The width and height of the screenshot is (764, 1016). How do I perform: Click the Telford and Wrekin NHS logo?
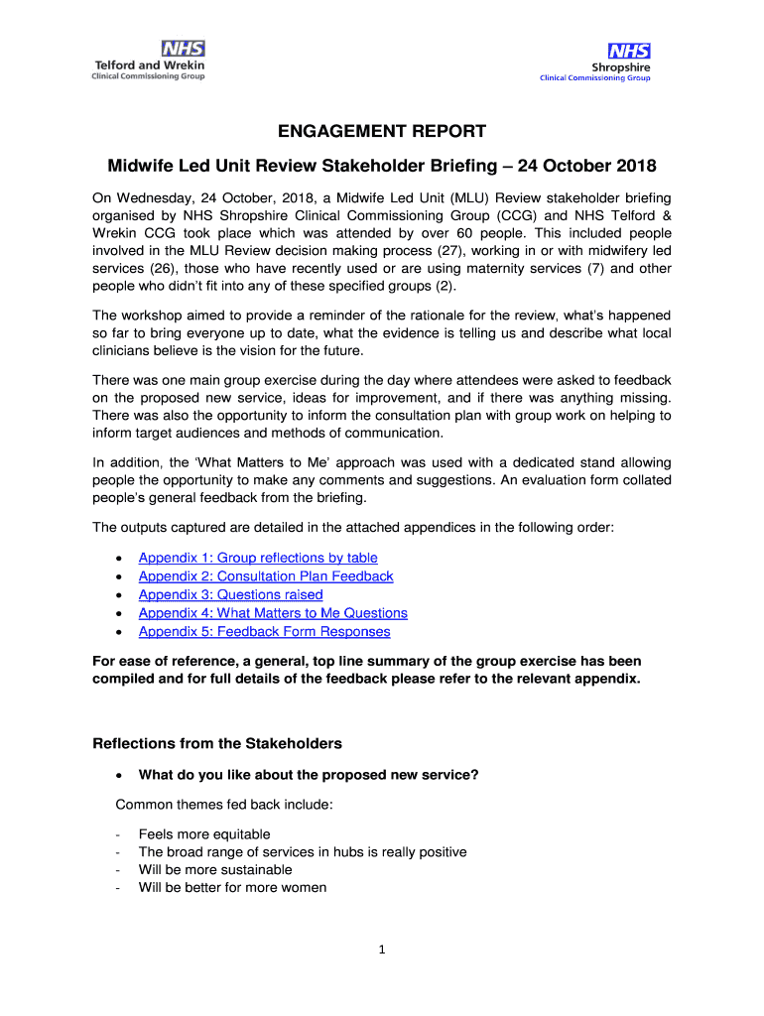point(149,61)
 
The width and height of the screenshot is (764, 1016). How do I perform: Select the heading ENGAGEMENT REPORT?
point(382,132)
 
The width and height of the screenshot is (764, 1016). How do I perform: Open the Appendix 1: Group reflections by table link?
point(258,558)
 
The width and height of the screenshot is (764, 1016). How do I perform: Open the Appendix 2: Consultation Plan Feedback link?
point(266,576)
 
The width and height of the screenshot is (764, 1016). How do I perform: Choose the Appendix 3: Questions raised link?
point(230,594)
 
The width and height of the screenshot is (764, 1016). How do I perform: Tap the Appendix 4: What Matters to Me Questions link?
point(273,613)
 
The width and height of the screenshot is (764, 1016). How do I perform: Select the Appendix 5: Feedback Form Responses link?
point(264,631)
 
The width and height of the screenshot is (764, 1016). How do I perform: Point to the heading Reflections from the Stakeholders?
point(217,743)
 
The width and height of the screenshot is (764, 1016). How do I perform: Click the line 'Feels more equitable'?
point(204,834)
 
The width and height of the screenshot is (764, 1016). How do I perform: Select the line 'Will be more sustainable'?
point(215,869)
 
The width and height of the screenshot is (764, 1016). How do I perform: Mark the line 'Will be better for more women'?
point(232,887)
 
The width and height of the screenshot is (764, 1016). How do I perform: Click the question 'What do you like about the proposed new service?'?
point(309,775)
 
